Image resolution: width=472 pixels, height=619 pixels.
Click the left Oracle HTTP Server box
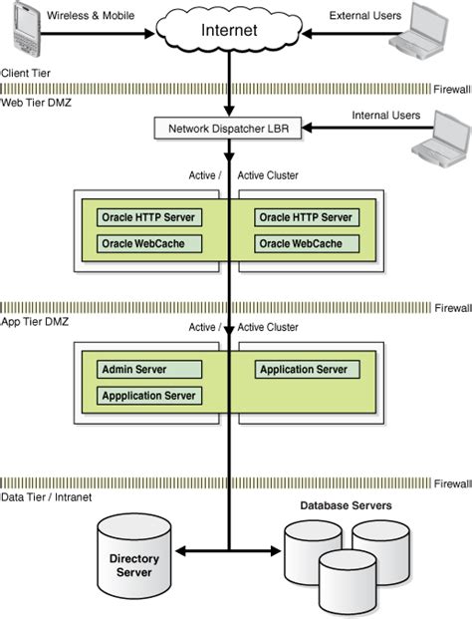[x=148, y=217]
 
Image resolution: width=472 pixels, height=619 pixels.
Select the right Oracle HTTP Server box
[x=306, y=217]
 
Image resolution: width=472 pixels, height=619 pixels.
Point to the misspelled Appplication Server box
[x=148, y=396]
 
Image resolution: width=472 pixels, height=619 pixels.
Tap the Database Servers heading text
[x=346, y=506]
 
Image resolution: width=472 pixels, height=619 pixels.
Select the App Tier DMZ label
[x=37, y=323]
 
